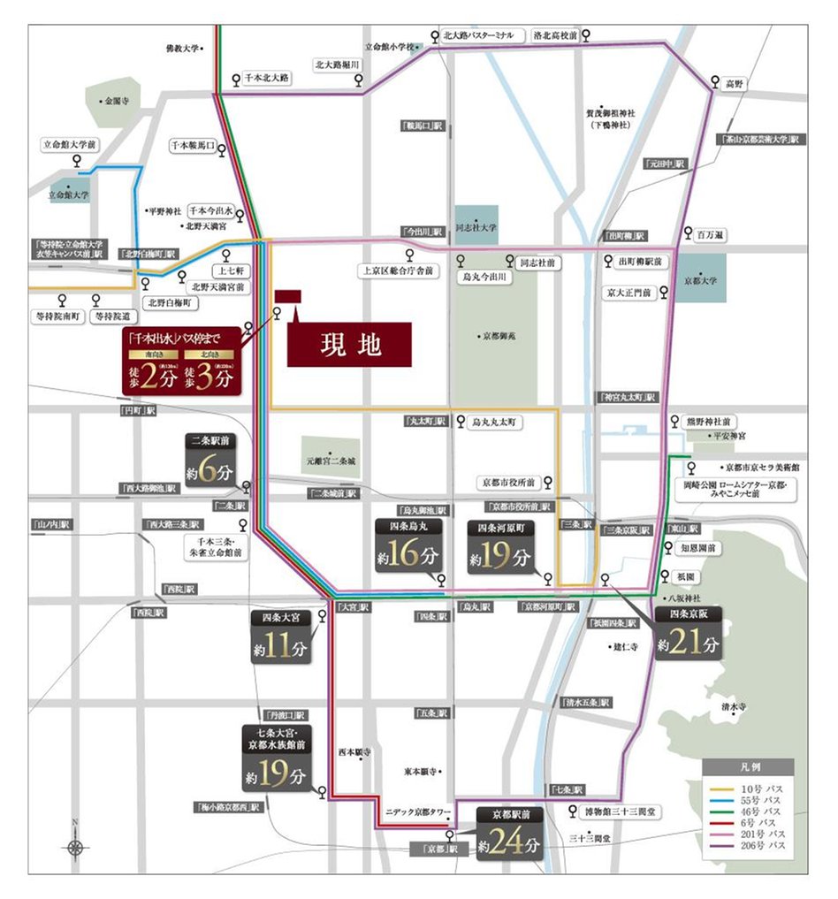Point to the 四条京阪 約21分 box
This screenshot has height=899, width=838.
[688, 635]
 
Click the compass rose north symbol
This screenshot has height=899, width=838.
[76, 846]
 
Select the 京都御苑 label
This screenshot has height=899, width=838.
[499, 336]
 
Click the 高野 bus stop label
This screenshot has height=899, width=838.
[735, 83]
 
